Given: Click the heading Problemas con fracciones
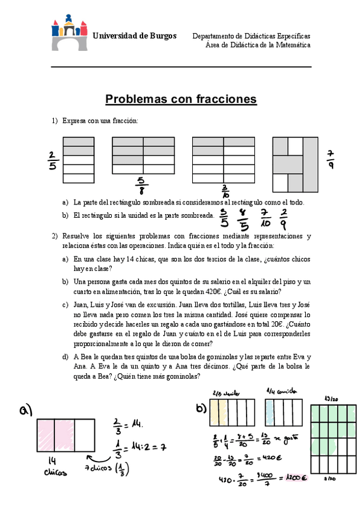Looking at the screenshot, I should tap(181, 99).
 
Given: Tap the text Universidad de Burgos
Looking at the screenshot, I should tap(134, 36).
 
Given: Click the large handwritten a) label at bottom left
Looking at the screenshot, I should tap(25, 411).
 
